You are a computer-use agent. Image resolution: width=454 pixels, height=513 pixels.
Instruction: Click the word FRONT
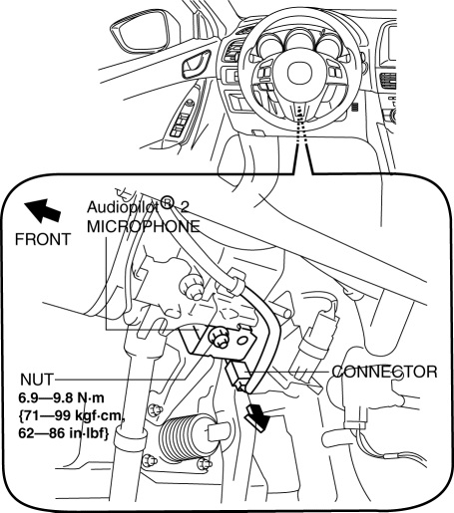click(43, 239)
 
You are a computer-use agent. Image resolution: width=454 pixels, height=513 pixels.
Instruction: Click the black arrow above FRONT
click(42, 210)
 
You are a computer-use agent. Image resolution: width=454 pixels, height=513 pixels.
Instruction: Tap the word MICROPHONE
click(144, 227)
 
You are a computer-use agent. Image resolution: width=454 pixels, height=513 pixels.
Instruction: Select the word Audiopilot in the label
click(123, 207)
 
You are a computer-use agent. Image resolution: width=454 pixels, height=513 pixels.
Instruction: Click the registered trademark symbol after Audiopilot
click(167, 202)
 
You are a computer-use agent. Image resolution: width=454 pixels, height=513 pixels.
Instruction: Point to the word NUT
click(37, 380)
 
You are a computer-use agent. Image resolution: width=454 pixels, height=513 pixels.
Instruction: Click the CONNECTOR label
click(384, 372)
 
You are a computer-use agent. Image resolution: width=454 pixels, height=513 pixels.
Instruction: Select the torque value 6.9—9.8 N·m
click(61, 397)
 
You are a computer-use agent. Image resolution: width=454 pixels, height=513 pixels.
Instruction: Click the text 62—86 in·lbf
click(64, 433)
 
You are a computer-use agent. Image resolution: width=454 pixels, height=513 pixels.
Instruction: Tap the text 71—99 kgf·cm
click(72, 415)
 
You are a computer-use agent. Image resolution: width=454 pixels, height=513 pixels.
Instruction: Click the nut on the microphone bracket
click(219, 337)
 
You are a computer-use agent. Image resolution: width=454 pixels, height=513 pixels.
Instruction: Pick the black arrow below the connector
click(257, 416)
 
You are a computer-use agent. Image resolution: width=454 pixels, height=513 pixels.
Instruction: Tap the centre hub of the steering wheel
click(299, 73)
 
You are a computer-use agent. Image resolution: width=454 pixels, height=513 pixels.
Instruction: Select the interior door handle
click(197, 65)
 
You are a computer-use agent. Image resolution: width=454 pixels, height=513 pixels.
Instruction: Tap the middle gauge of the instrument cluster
click(299, 42)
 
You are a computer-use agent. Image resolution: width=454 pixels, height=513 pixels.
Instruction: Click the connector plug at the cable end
click(236, 376)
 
